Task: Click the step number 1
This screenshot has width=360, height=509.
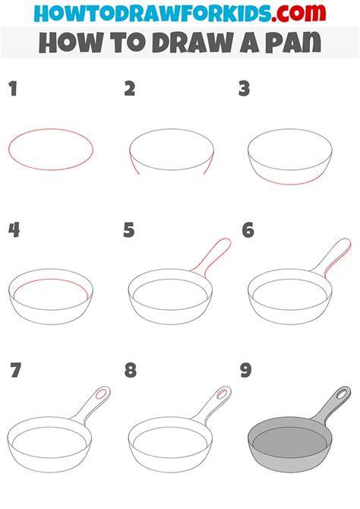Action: click(x=13, y=89)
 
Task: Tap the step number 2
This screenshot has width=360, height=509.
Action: click(x=130, y=89)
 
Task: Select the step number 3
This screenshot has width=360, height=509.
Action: click(x=244, y=89)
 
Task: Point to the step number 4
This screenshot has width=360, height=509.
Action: click(x=14, y=230)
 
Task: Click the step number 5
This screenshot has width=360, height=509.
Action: click(x=129, y=230)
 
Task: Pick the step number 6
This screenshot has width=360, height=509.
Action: click(x=248, y=230)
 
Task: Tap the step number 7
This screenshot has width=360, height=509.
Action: click(x=16, y=371)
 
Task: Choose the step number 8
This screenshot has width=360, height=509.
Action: click(x=131, y=371)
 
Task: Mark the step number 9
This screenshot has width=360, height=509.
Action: click(x=246, y=371)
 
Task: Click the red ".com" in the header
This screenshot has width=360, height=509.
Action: click(x=298, y=13)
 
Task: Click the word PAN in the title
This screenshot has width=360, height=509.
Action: click(x=293, y=43)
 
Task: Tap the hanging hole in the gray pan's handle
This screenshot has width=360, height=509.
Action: click(x=342, y=394)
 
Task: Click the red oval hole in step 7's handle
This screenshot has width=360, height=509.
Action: click(x=101, y=394)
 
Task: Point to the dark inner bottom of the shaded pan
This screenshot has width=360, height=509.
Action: click(x=290, y=442)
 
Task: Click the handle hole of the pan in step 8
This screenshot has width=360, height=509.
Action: click(x=222, y=394)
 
